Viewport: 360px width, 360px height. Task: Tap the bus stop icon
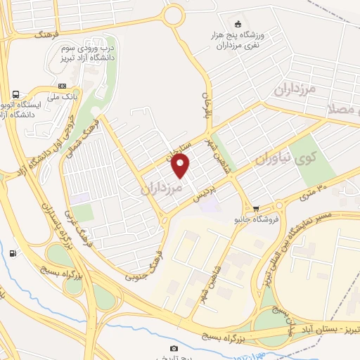[15, 95]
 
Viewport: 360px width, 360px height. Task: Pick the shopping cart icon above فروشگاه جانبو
[256, 208]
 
